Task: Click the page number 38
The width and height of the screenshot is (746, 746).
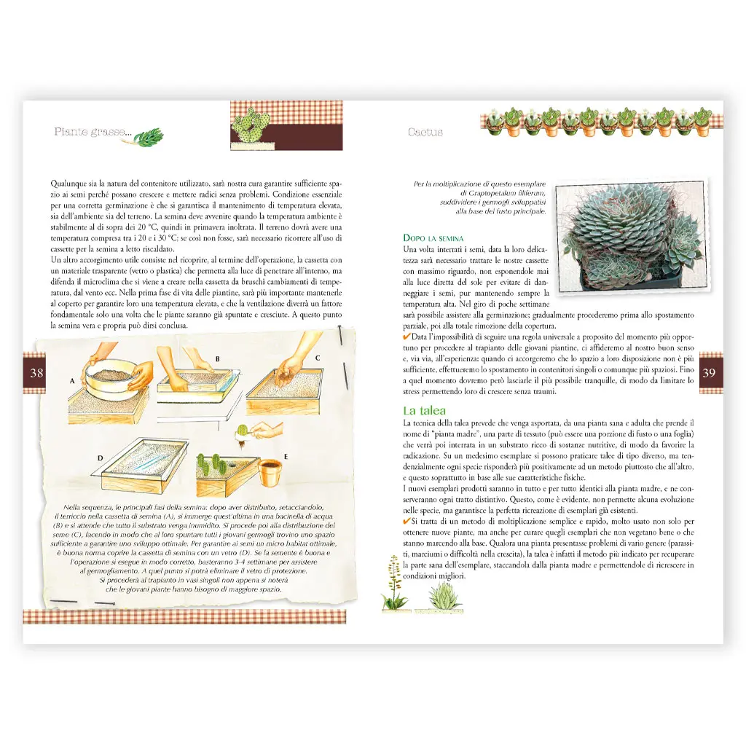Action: coord(36,373)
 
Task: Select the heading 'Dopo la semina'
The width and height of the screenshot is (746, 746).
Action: coord(433,238)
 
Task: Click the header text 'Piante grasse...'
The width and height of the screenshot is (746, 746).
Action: coord(92,133)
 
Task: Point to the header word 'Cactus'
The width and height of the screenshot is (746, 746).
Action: coord(425,133)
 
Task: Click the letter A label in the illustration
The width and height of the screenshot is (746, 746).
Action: coord(73,380)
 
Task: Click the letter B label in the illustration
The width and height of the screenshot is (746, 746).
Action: coord(216,359)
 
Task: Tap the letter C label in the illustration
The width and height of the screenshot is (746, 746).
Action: coord(317,358)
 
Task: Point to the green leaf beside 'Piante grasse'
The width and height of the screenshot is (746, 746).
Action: coord(149,136)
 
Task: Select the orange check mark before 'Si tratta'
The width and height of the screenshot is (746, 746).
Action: coord(407,522)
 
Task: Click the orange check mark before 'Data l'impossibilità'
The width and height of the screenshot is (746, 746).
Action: coord(407,339)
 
